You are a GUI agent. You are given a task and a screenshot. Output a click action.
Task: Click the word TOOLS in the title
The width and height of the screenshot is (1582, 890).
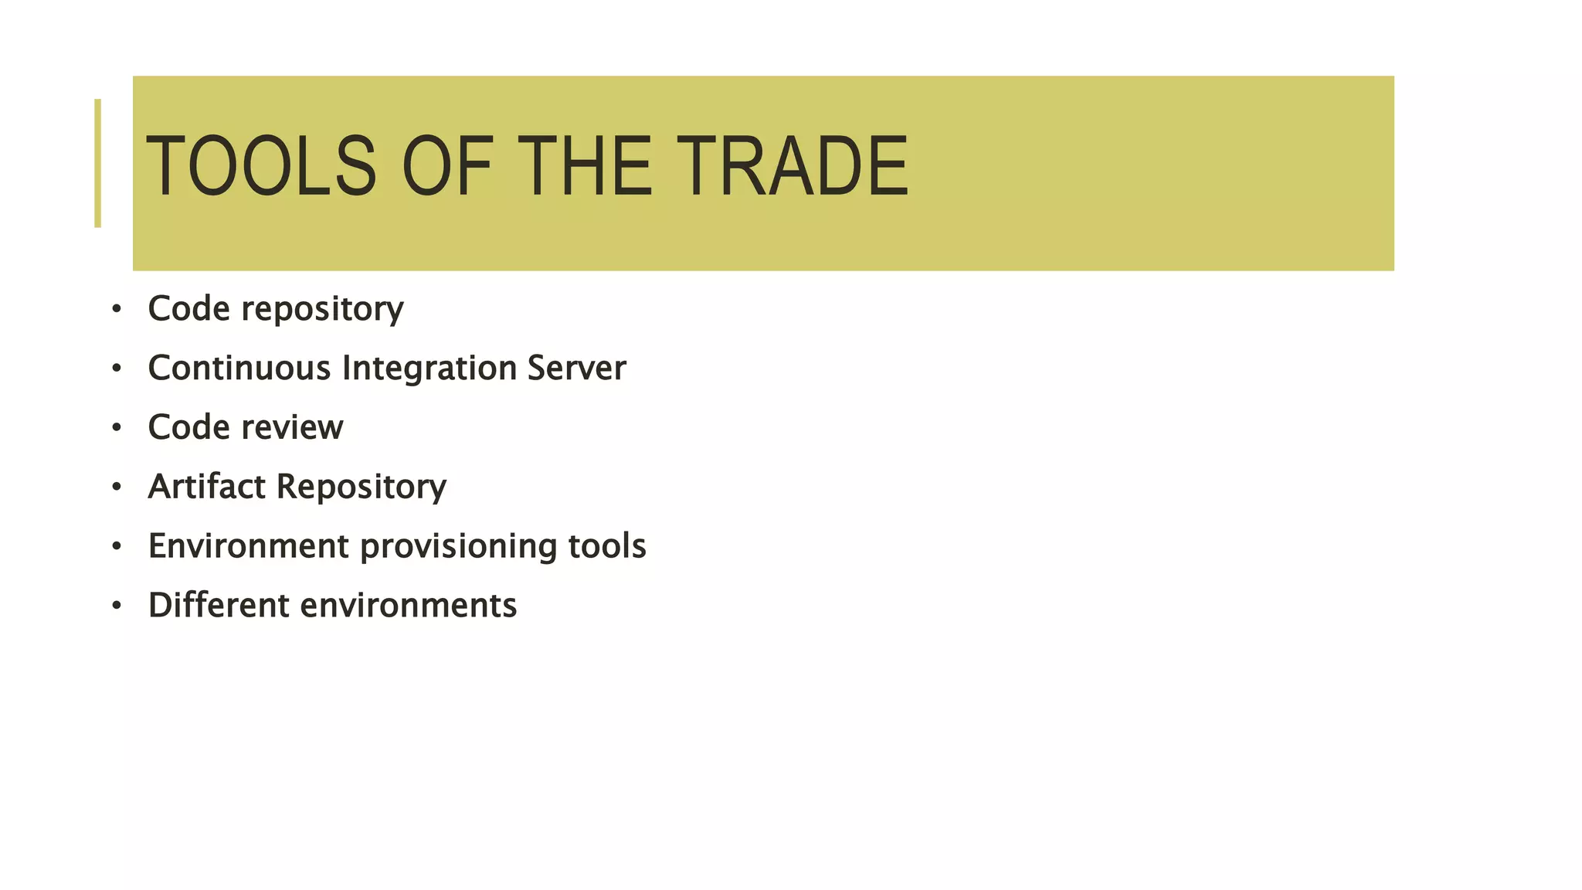[x=261, y=165]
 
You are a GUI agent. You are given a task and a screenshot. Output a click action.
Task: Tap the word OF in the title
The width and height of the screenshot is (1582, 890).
[x=447, y=165]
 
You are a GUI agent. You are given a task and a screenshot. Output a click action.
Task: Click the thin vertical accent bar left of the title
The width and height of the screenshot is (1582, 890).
[x=97, y=163]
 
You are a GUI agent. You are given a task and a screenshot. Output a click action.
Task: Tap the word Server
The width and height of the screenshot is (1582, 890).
[x=576, y=368]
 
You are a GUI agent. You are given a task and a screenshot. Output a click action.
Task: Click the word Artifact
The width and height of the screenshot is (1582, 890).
[x=207, y=487]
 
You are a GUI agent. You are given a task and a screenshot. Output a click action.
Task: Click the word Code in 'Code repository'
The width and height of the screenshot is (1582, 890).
[x=188, y=309]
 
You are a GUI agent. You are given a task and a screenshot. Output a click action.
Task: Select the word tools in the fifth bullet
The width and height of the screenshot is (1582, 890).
[x=607, y=546]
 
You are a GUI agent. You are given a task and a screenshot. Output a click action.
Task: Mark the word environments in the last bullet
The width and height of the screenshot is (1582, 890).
[x=409, y=606]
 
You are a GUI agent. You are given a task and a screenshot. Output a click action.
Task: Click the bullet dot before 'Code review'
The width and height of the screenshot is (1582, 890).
[x=117, y=428]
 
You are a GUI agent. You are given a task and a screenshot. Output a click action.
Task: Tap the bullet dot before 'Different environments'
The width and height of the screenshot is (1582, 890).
[x=117, y=606]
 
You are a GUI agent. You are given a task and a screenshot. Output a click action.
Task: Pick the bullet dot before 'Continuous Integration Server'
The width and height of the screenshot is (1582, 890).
[x=117, y=369]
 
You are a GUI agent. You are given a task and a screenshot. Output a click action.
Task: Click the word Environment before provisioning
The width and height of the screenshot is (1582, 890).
[x=249, y=546]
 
